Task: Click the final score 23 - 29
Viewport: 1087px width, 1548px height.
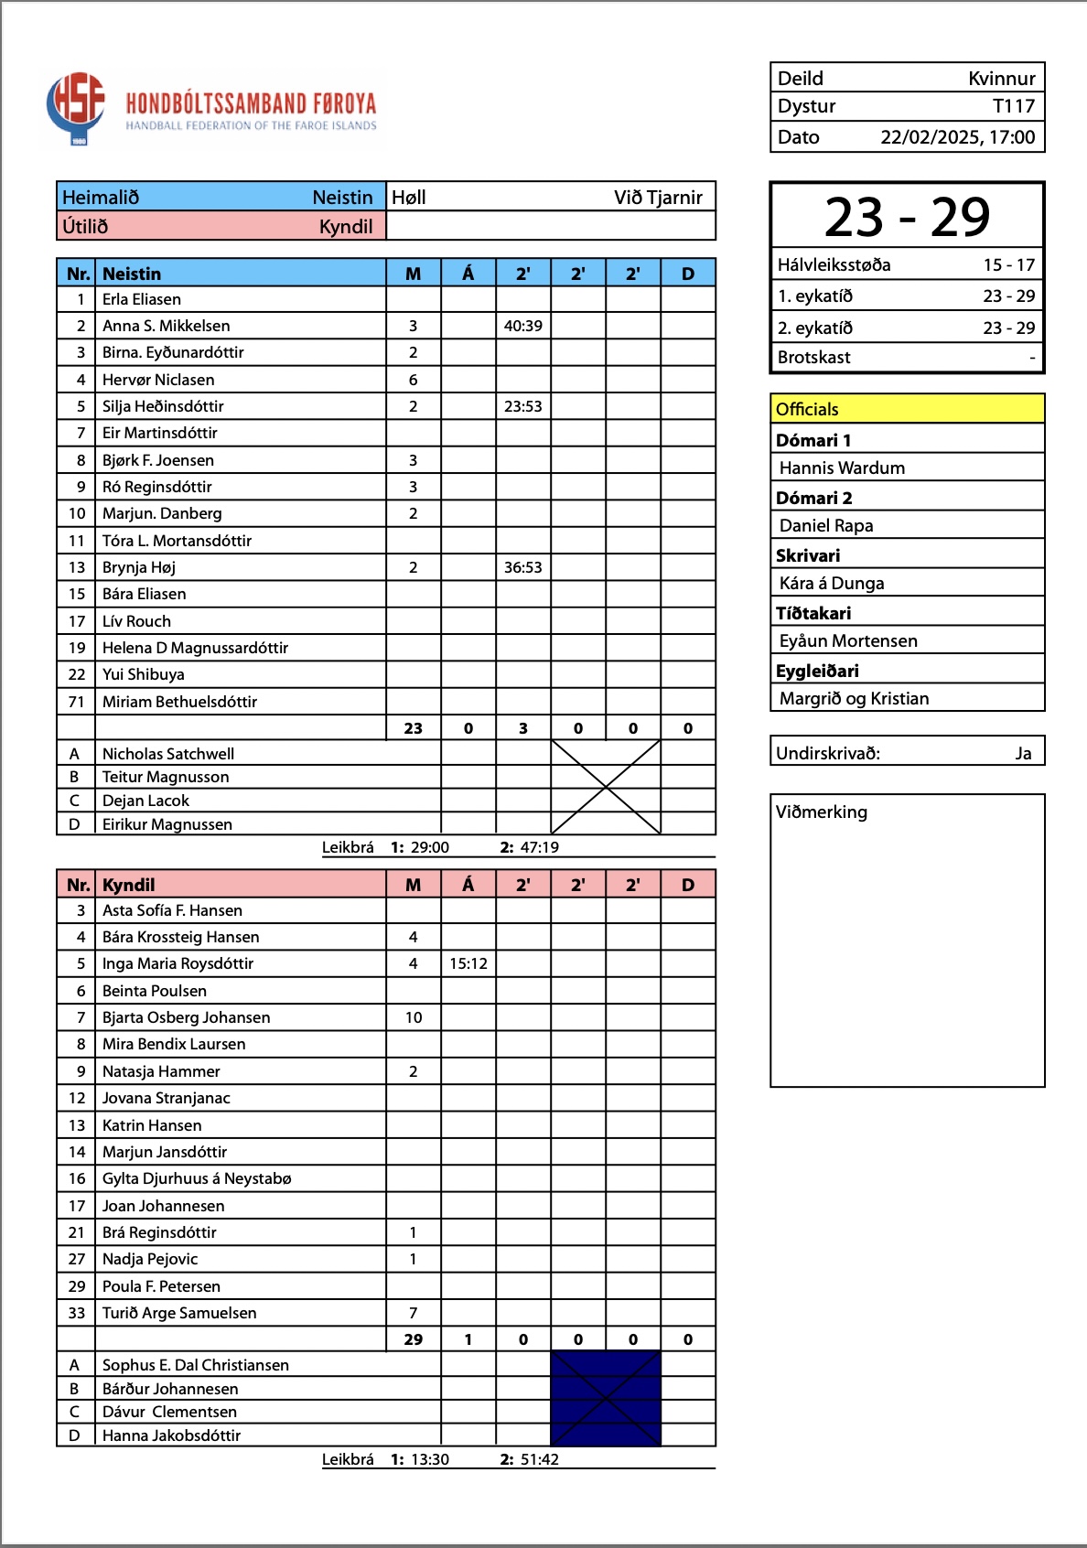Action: click(907, 218)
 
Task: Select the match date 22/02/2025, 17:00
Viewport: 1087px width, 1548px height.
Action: click(957, 137)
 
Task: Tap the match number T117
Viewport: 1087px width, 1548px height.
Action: click(1014, 106)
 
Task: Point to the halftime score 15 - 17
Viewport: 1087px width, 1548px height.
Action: click(1008, 265)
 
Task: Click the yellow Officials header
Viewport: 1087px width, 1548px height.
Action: click(907, 409)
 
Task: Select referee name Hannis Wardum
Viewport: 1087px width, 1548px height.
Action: click(842, 468)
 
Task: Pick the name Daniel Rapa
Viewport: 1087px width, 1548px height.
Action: click(826, 525)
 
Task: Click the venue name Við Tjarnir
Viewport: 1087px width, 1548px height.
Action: click(658, 198)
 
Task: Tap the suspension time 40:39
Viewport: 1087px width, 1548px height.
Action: click(523, 326)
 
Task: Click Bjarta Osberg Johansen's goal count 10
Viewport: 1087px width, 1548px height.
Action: click(414, 1017)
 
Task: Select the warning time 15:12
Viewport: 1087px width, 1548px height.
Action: click(468, 963)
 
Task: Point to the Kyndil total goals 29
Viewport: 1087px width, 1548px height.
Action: click(414, 1339)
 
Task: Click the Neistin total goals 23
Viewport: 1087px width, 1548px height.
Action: click(414, 728)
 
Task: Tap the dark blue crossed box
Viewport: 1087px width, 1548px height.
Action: click(606, 1399)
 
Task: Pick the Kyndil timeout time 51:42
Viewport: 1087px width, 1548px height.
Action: click(540, 1459)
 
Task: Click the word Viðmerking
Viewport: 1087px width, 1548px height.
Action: click(822, 812)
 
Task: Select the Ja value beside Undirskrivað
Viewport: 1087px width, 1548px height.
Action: click(1023, 753)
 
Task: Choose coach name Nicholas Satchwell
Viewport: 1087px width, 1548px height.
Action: click(168, 754)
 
